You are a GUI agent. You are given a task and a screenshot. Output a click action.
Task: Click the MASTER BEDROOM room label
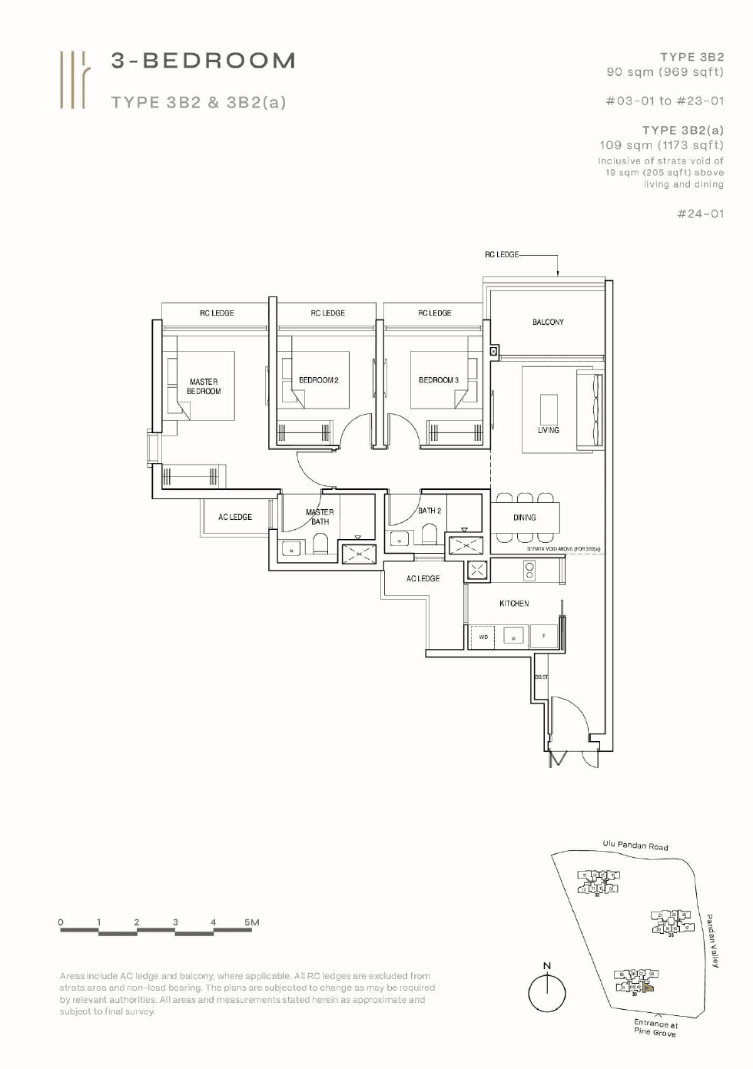click(x=204, y=386)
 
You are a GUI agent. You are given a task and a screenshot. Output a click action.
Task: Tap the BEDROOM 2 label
click(x=318, y=380)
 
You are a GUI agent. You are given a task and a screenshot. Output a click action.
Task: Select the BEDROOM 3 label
click(x=438, y=380)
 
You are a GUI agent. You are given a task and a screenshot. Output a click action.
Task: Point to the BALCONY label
click(x=548, y=323)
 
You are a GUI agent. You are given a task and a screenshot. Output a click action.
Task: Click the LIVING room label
click(x=548, y=430)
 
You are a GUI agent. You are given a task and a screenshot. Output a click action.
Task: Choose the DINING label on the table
click(x=525, y=518)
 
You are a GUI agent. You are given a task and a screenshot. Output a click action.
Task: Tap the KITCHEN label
click(x=514, y=604)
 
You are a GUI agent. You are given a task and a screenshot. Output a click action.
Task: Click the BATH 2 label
click(x=430, y=511)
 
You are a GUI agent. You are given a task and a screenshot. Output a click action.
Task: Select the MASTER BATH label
click(x=320, y=517)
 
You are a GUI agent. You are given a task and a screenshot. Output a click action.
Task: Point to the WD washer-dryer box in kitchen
click(x=483, y=637)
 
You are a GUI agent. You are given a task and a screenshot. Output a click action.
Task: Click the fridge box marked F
click(x=544, y=636)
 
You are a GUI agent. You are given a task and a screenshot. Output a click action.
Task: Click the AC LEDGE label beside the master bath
click(x=235, y=517)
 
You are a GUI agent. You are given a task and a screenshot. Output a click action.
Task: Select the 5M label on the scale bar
click(x=252, y=922)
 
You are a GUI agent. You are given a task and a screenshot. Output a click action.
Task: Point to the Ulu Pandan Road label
click(x=635, y=846)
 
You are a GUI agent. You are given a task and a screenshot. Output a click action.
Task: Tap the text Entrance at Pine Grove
click(x=655, y=1028)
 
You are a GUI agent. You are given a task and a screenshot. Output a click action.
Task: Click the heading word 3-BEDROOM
click(x=204, y=61)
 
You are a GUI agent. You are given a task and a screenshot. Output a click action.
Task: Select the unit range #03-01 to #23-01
click(x=665, y=101)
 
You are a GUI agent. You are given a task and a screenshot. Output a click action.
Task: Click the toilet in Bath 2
click(x=430, y=535)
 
